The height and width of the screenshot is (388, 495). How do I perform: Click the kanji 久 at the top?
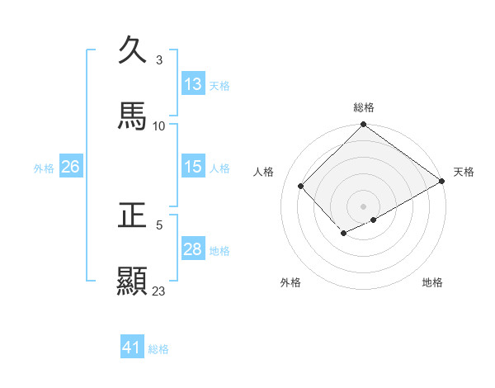(x=133, y=50)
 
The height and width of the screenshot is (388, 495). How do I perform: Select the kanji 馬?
(x=133, y=116)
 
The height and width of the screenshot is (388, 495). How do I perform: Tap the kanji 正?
(x=133, y=215)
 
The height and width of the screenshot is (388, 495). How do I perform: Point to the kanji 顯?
(x=133, y=282)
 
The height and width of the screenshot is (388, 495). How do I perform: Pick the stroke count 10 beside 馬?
(x=159, y=125)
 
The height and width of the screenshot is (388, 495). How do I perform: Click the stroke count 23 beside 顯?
(x=159, y=291)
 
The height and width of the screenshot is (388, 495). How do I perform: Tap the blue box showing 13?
(x=193, y=83)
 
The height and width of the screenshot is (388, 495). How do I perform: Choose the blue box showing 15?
(x=193, y=166)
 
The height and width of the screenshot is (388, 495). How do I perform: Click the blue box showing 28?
(x=193, y=248)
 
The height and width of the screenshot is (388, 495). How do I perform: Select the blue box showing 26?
(x=70, y=166)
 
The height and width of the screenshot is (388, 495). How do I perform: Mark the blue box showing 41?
(x=132, y=348)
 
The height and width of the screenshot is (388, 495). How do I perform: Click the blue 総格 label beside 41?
(x=159, y=349)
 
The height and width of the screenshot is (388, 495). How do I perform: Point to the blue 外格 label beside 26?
(x=44, y=168)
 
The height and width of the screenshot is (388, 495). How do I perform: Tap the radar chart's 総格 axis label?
(x=364, y=107)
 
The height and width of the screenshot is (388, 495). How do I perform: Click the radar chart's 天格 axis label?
(x=464, y=172)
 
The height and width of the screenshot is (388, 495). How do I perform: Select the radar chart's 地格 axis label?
(x=432, y=282)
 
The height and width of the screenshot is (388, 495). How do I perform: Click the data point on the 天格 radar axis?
(x=443, y=181)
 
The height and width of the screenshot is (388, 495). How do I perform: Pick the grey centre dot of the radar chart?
(x=363, y=206)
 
